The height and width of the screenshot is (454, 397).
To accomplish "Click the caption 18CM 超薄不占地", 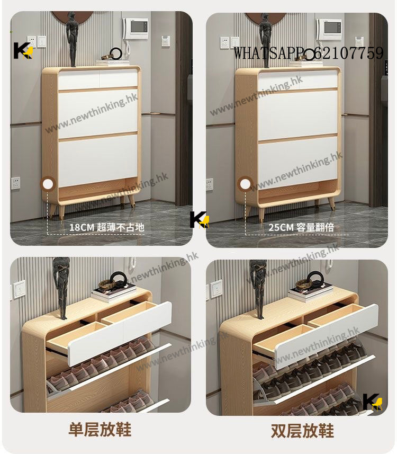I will pos(106,227).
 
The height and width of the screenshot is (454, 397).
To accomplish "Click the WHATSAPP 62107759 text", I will pos(309,54).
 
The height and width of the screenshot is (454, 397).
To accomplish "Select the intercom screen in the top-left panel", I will pos(136,26).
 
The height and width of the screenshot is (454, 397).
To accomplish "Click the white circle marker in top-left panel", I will pos(48,184).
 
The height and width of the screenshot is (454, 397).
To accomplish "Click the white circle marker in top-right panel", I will pos(245,184).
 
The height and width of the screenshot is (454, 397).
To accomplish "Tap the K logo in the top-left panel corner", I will pos(23,50).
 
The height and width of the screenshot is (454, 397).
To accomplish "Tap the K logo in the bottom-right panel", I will pos(372,402).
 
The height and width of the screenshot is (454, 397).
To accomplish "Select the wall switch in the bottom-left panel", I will pos(20,289).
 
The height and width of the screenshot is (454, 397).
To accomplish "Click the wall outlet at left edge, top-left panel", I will pos(16,183).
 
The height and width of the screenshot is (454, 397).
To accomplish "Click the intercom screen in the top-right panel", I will pos(330,26).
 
